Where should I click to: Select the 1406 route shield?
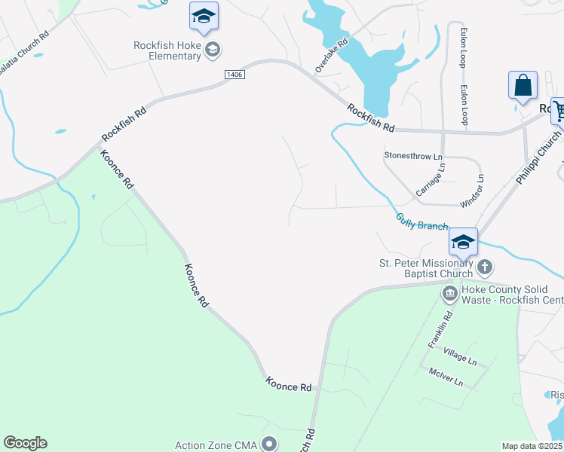click(233, 74)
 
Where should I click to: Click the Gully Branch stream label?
click(422, 221)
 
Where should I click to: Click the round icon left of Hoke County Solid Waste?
click(449, 292)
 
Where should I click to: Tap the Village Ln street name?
click(460, 356)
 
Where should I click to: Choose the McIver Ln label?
click(445, 377)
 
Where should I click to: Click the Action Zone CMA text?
click(216, 444)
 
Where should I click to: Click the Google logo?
click(25, 443)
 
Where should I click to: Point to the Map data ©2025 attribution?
click(532, 446)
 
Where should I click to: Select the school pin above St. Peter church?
click(463, 242)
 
